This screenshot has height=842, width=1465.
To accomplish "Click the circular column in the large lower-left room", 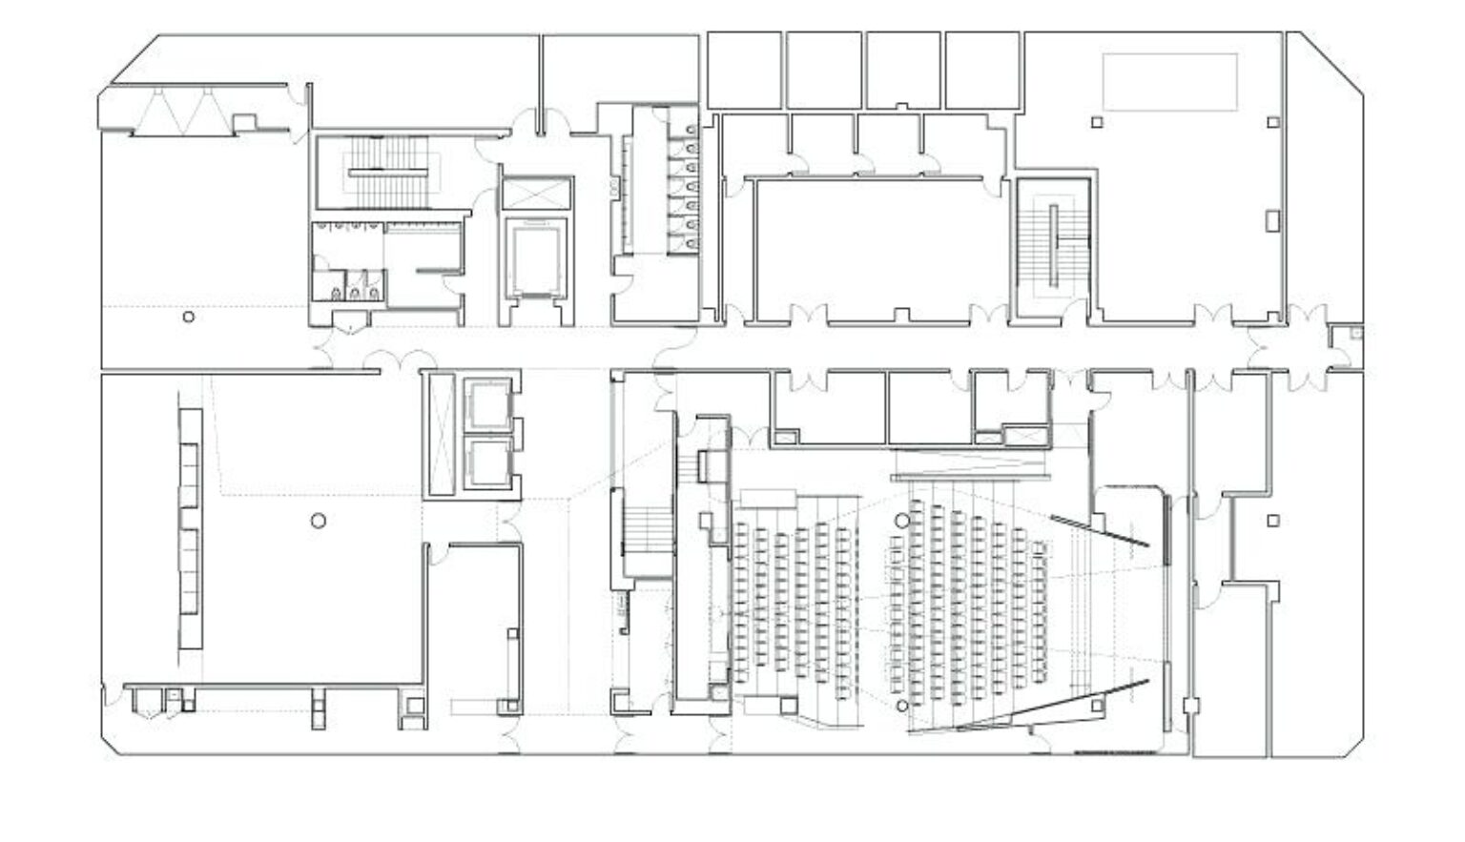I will (319, 521).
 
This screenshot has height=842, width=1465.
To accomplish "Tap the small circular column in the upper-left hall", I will (189, 317).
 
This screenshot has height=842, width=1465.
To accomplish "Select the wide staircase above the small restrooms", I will (386, 173).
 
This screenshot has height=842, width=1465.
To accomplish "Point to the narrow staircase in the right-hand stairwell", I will (1054, 246).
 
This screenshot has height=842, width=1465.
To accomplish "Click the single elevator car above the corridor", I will (535, 257).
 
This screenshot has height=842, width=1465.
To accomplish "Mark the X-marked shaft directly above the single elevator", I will (535, 193).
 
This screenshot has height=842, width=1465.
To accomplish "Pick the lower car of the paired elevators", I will (487, 463).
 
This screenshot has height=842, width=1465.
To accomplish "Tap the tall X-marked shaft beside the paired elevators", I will (442, 434).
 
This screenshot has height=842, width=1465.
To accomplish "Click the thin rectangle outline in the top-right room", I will (1169, 82).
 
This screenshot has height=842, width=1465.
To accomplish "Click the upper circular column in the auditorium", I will (901, 521).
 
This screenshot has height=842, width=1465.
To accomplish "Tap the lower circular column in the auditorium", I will (901, 707).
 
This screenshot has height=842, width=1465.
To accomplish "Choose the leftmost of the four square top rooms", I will (744, 70).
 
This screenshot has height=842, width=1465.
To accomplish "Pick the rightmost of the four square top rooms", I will (981, 70).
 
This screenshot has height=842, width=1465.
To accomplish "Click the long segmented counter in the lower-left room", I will (191, 529).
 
